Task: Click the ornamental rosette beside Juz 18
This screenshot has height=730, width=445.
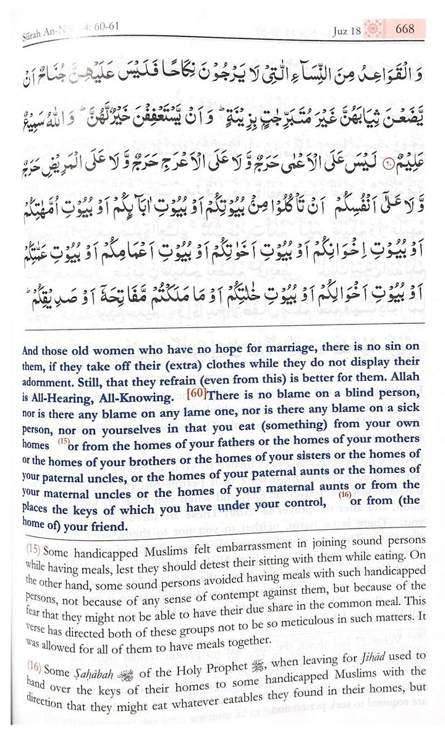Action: [x=375, y=28]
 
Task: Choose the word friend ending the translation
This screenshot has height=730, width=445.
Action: [x=105, y=526]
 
